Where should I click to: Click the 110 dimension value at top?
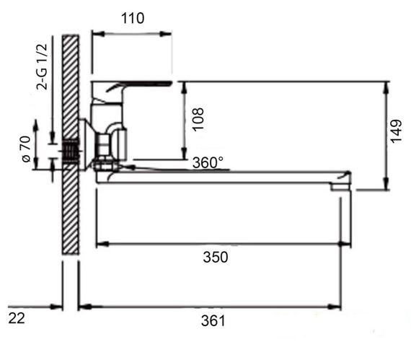133,18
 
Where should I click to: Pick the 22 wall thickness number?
17,318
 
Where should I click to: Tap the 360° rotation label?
208,163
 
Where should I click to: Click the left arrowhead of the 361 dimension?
81,307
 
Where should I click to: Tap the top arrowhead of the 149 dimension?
388,86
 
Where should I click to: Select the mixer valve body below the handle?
108,130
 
